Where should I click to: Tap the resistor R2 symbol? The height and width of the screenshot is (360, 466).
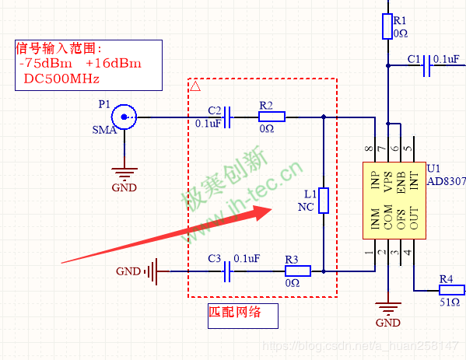[x=272, y=117]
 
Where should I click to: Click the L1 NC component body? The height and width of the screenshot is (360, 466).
[x=324, y=200]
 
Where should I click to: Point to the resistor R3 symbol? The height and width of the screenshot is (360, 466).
[x=297, y=271]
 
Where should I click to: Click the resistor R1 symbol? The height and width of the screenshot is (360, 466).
[x=387, y=27]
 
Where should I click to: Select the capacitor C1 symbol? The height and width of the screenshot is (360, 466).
[x=426, y=70]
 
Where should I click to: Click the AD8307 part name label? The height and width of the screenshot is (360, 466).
[x=446, y=180]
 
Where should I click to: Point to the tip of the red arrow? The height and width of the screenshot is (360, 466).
[x=272, y=210]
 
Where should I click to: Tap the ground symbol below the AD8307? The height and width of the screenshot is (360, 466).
[x=387, y=306]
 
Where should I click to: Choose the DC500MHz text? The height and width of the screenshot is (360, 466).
[x=61, y=79]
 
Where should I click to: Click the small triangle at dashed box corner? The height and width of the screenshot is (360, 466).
[x=195, y=84]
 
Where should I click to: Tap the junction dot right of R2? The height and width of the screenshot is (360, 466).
[x=324, y=117]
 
